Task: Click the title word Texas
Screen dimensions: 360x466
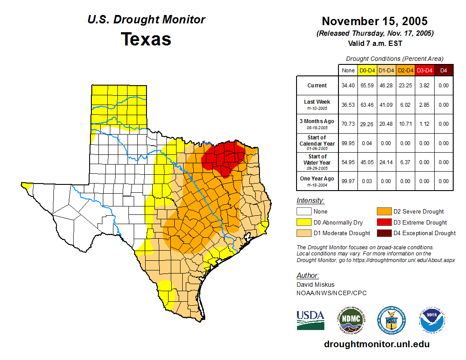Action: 146,39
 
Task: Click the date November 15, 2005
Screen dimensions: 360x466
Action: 374,21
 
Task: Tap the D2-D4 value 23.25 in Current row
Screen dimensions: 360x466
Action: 405,86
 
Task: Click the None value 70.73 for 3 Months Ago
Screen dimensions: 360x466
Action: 348,124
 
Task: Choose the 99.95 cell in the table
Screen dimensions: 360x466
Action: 348,143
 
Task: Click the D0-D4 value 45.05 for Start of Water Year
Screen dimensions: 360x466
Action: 367,162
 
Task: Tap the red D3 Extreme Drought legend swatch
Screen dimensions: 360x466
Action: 383,222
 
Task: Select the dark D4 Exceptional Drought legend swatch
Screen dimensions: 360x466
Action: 383,233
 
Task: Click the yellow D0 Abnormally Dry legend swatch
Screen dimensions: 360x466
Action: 304,222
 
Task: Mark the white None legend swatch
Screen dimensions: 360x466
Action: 304,212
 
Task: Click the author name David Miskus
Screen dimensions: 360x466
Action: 316,285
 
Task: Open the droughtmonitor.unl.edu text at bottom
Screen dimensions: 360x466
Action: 376,344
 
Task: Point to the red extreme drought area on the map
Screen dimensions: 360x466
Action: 223,157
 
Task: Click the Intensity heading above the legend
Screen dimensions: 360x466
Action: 310,201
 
